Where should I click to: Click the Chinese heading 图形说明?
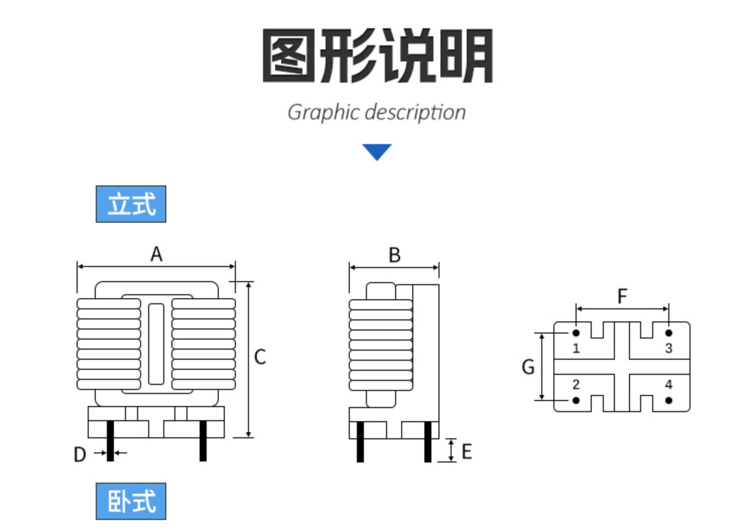point(377,55)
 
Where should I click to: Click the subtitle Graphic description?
point(376,112)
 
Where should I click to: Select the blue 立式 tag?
point(131,204)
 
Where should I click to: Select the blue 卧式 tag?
point(131,501)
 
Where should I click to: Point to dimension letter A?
point(156,254)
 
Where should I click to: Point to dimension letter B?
point(395,255)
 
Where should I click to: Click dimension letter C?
point(260,357)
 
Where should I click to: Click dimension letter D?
point(80,454)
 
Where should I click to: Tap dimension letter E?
point(467,451)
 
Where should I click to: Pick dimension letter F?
point(622,296)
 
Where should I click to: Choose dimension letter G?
point(528,367)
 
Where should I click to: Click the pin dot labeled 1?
point(576,333)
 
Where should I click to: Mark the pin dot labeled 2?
point(576,401)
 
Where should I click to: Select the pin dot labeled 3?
point(669,333)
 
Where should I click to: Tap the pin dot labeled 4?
point(669,401)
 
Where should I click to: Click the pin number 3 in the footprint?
point(669,348)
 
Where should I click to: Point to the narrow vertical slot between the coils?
point(156,344)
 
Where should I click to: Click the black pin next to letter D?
point(110,441)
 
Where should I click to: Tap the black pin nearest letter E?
point(428,442)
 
